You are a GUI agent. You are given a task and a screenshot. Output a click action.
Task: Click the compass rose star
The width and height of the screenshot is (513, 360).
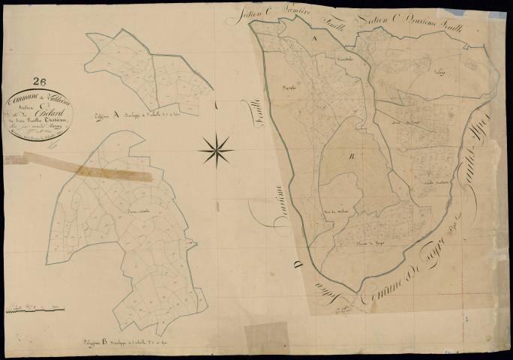tap(216, 149)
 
